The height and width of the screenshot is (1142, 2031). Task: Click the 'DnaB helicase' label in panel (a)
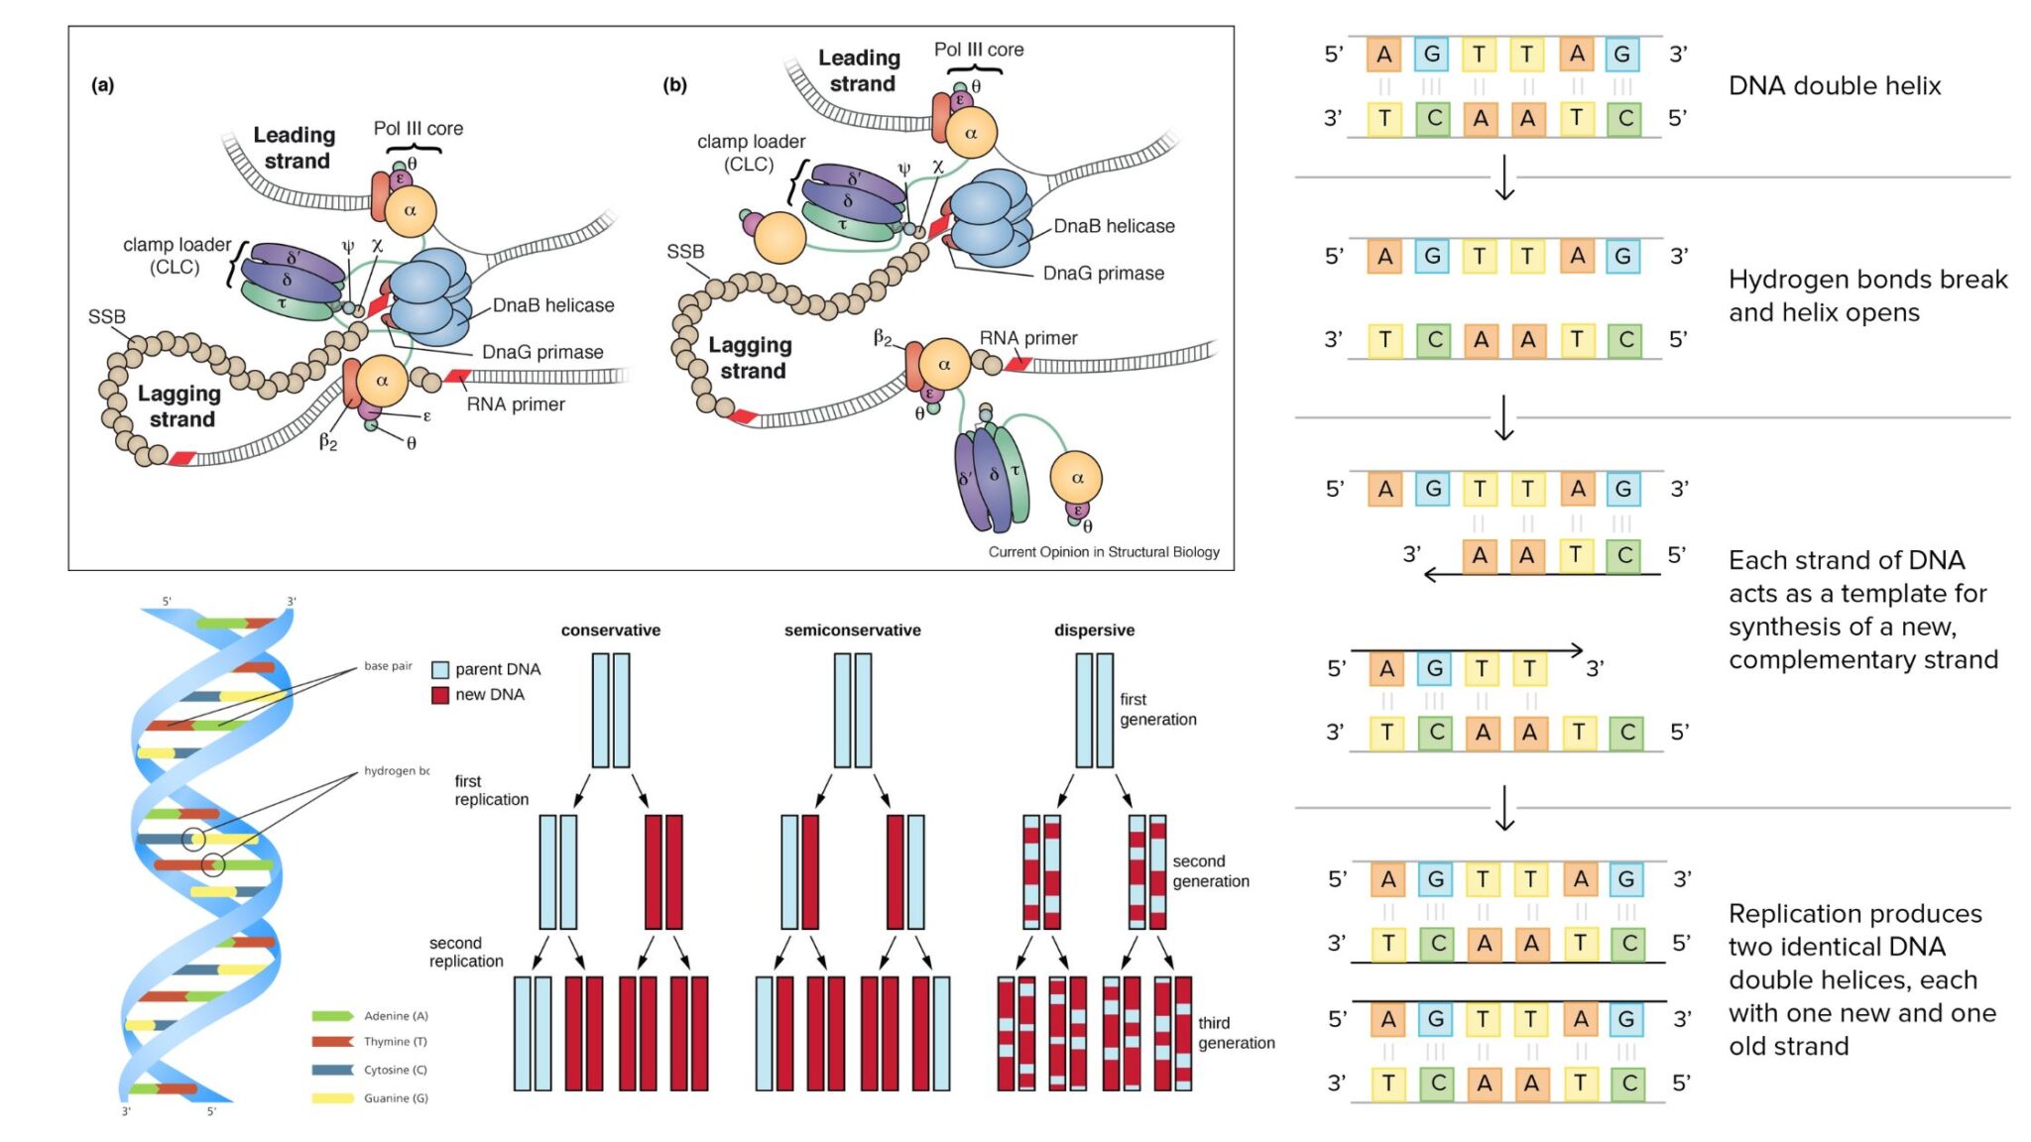(x=552, y=305)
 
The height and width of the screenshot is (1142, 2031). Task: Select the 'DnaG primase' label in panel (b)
(x=1103, y=273)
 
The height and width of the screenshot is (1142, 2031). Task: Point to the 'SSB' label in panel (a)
(x=106, y=316)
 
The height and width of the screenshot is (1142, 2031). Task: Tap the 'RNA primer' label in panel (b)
(x=1027, y=338)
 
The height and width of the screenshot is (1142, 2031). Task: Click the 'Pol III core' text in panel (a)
(x=418, y=128)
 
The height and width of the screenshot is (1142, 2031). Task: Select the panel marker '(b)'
(x=674, y=84)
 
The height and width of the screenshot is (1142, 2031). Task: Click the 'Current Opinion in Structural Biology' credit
(x=1103, y=552)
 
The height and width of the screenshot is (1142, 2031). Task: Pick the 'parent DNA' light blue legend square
(x=440, y=669)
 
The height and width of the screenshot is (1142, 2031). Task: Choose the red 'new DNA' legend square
(x=440, y=695)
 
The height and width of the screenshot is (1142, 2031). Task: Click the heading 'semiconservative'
(x=852, y=630)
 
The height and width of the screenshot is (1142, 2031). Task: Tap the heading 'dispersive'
(x=1094, y=630)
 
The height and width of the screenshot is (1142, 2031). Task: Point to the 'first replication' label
(x=491, y=790)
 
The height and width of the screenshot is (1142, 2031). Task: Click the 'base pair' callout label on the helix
(x=387, y=666)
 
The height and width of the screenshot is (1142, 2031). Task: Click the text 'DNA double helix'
(x=1834, y=86)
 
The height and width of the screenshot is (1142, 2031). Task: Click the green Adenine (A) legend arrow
(x=332, y=1016)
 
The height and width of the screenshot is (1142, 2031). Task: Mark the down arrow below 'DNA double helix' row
(x=1504, y=177)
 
